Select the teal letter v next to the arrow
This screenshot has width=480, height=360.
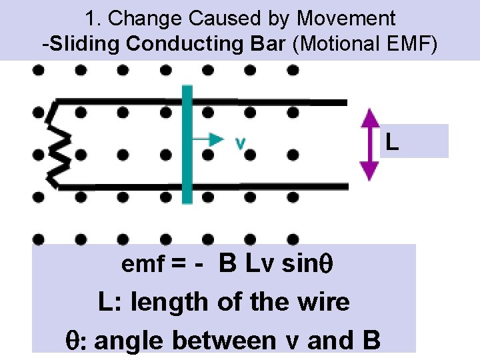(x=241, y=143)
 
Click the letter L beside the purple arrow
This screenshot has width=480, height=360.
(x=393, y=142)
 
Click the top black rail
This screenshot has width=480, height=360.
(x=267, y=103)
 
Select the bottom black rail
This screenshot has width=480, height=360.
(x=267, y=186)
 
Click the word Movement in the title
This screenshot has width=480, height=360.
(x=346, y=19)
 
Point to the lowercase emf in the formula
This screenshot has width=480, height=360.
(x=142, y=265)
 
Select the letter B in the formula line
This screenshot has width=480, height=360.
(x=227, y=264)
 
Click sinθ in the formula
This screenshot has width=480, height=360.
(x=307, y=264)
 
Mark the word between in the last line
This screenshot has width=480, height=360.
(x=224, y=340)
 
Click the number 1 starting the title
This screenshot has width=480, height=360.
(x=91, y=19)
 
